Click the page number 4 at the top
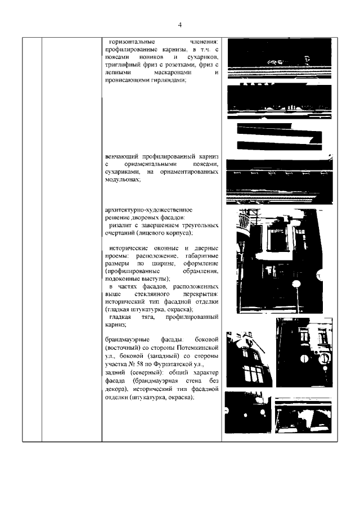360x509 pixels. (180, 25)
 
